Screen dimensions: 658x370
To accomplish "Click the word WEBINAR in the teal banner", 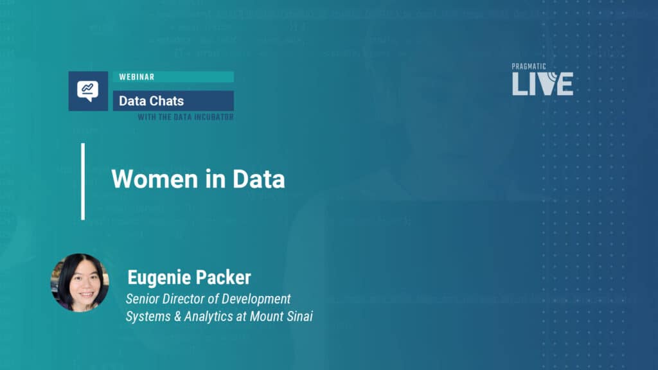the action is tap(137, 77).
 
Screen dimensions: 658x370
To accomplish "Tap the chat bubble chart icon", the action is tap(87, 91).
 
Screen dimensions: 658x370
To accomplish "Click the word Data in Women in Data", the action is tap(258, 179).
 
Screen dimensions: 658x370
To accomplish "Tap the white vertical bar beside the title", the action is tap(83, 182).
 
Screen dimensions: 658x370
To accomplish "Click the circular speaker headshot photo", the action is tap(80, 283).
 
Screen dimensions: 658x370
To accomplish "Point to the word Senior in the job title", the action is tap(142, 299).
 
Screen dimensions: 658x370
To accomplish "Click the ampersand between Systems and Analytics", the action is tap(177, 317).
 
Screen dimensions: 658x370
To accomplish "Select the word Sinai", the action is tap(299, 316).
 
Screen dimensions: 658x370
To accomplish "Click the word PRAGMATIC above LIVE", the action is tap(529, 67).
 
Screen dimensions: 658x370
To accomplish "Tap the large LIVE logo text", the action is tap(542, 84).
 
